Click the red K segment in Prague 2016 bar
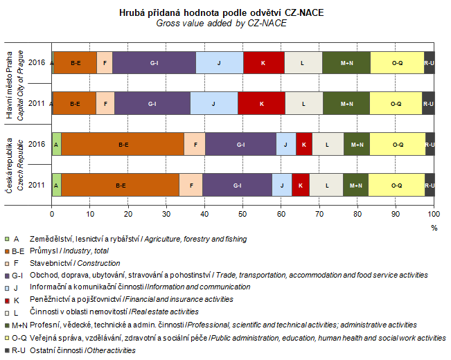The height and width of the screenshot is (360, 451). coord(263,63)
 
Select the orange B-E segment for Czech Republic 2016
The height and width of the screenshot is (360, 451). coord(123,145)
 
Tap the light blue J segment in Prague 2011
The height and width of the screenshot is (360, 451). coord(213,104)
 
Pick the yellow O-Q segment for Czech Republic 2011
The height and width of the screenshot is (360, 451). coord(396,186)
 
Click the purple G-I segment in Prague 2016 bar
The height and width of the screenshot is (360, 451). coord(154,63)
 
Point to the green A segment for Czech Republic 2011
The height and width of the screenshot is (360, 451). coord(56,186)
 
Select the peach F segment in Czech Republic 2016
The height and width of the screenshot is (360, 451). coord(195,145)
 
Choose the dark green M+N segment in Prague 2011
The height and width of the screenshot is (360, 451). coord(346,104)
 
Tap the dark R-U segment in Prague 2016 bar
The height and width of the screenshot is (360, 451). coord(430,63)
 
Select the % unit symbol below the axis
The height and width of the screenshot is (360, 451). coord(434,227)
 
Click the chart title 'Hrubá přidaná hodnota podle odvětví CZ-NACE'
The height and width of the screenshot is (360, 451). coord(225,12)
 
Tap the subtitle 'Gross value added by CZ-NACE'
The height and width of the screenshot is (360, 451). coord(225,23)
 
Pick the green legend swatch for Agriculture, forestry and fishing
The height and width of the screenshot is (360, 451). coord(7,239)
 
